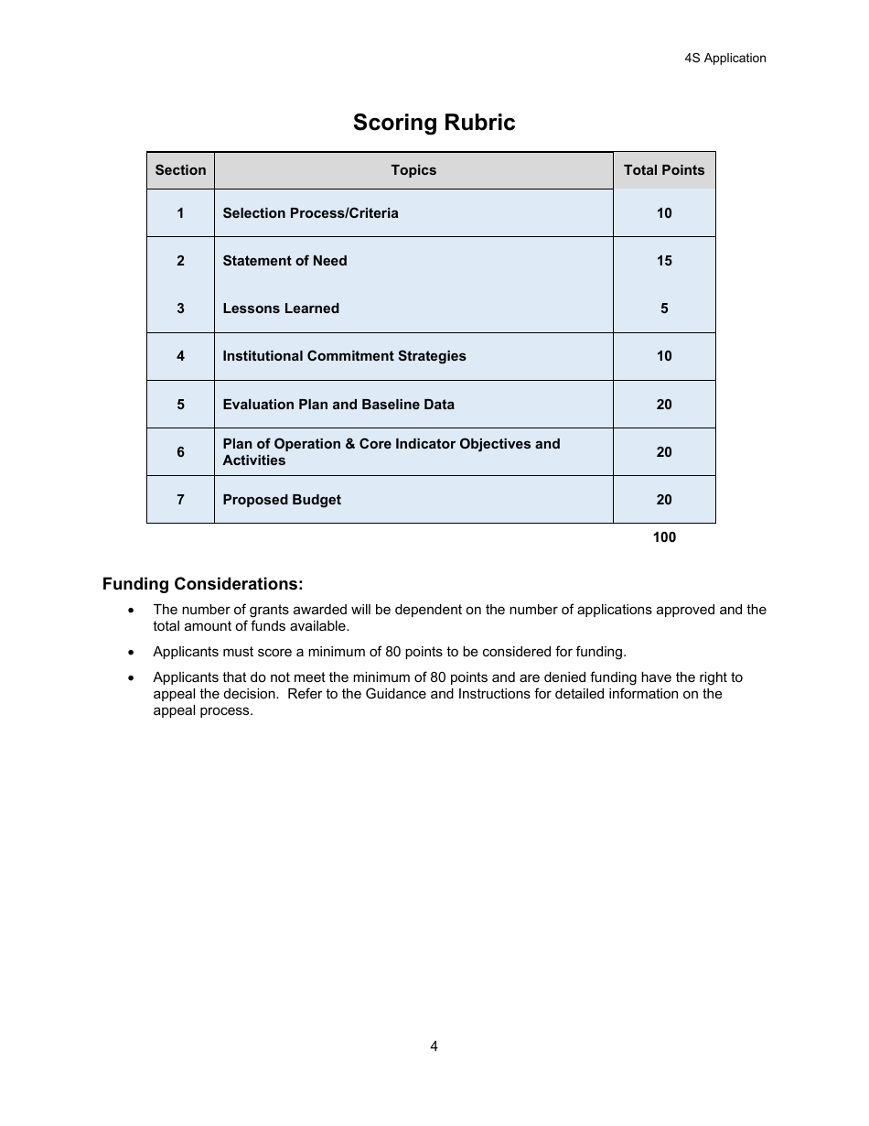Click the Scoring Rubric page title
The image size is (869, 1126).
click(x=434, y=123)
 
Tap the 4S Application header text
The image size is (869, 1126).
click(x=724, y=58)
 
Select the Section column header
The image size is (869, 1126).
click(x=180, y=170)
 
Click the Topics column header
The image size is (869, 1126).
click(x=413, y=170)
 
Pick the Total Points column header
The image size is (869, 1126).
click(x=664, y=170)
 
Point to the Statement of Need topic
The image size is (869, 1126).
click(x=284, y=261)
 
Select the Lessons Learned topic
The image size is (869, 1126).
click(x=281, y=309)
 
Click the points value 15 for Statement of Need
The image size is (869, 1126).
click(x=664, y=261)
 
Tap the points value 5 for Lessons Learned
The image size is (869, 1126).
click(x=664, y=309)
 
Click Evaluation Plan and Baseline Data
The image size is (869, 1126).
click(x=338, y=405)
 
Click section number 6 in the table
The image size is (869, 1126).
click(x=180, y=452)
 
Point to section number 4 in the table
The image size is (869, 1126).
click(x=180, y=356)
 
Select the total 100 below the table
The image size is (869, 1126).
click(x=664, y=537)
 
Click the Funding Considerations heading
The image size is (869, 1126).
click(x=202, y=584)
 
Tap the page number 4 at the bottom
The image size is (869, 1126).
click(x=434, y=1046)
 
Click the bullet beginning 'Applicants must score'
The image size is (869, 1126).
click(x=389, y=653)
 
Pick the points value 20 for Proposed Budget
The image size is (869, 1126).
click(x=664, y=500)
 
